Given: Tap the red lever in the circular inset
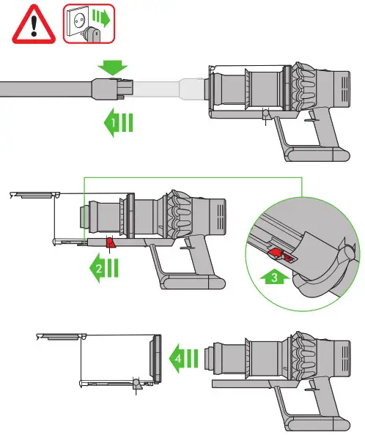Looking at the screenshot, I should point(279,255).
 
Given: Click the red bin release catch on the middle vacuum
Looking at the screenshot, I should point(110,243).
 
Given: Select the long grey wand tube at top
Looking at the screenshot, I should point(44,89).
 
